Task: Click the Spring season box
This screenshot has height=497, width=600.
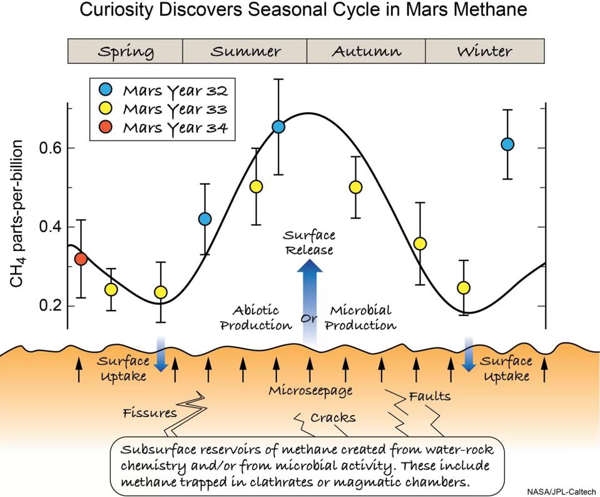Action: click(125, 51)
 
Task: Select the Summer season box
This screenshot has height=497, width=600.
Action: click(245, 51)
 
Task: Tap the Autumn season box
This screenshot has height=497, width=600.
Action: click(366, 51)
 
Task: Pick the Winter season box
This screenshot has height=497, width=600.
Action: click(484, 51)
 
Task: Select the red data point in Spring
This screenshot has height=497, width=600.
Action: click(81, 259)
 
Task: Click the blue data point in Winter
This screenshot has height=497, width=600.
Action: click(507, 145)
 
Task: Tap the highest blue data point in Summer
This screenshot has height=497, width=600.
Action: click(278, 127)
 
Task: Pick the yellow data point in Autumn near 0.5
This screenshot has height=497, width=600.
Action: click(356, 187)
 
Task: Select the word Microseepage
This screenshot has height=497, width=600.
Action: click(310, 391)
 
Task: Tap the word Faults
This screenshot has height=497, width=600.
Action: click(430, 396)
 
